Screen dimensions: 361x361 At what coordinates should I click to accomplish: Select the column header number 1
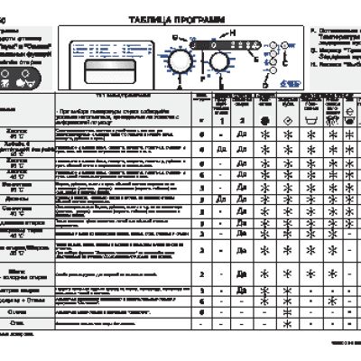(x=217, y=119)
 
